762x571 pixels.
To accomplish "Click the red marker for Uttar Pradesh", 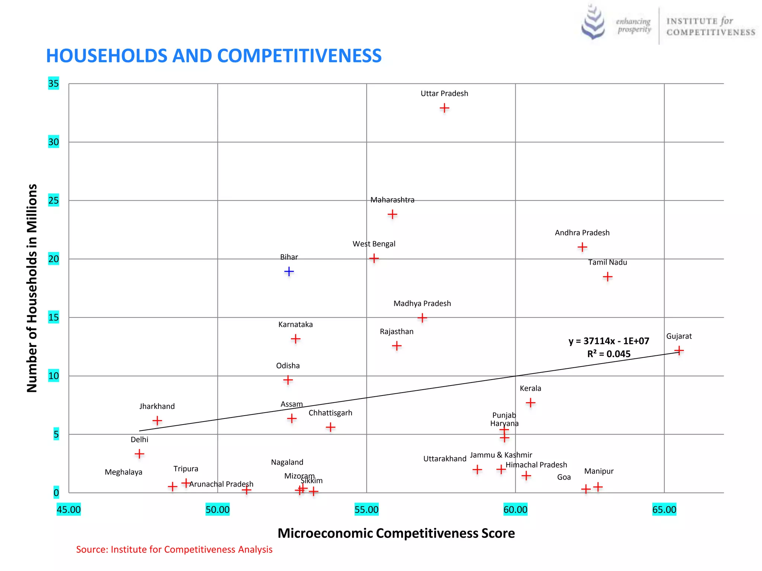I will coord(444,108).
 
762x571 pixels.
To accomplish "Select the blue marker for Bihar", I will coord(289,271).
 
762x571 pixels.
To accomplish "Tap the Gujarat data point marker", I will coord(679,351).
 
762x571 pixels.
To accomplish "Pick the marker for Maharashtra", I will coord(392,214).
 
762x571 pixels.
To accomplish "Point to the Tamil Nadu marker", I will coord(607,277).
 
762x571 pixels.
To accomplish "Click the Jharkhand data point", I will coord(157,420).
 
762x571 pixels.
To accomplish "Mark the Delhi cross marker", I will coord(139,454).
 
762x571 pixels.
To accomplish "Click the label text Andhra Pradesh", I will coord(582,233).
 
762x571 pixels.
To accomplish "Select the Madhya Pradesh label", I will coord(422,303).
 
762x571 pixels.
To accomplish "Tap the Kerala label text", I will coord(530,388).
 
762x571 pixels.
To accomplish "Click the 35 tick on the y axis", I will coord(54,83).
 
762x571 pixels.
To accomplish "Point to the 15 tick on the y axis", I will coord(54,317).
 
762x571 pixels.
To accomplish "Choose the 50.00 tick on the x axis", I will coord(217,509).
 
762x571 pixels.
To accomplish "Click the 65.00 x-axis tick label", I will coord(664,509).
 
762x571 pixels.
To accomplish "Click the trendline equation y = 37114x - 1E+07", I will coord(609,341).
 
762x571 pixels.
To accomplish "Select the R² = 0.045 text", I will coord(609,354).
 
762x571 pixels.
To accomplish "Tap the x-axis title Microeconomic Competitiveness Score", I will coord(396,533).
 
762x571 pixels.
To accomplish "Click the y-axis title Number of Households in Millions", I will coord(32,288).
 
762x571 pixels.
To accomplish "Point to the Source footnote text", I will coord(174,549).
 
